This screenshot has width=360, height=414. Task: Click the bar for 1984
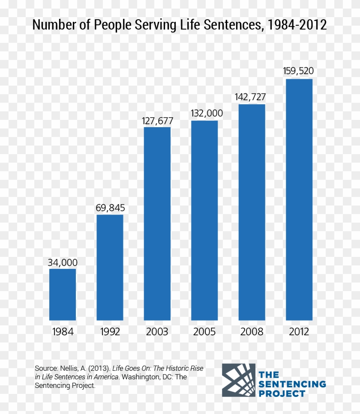pyautogui.click(x=63, y=294)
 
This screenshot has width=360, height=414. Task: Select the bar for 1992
pyautogui.click(x=110, y=267)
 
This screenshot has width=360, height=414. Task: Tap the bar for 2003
pyautogui.click(x=157, y=223)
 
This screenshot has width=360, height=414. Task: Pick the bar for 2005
pyautogui.click(x=204, y=220)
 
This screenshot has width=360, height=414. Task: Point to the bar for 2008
pyautogui.click(x=252, y=212)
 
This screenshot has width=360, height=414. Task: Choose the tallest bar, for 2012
pyautogui.click(x=299, y=199)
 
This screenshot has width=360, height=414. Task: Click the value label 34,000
pyautogui.click(x=63, y=262)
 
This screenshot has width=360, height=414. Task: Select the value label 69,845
pyautogui.click(x=110, y=208)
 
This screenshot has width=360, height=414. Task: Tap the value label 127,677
pyautogui.click(x=157, y=121)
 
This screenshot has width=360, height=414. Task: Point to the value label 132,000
pyautogui.click(x=204, y=113)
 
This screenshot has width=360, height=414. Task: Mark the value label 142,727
pyautogui.click(x=252, y=97)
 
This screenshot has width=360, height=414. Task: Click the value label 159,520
pyautogui.click(x=299, y=71)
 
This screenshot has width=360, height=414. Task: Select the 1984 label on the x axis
pyautogui.click(x=63, y=332)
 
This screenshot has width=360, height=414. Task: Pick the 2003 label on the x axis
pyautogui.click(x=157, y=332)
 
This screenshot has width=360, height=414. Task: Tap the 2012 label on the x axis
pyautogui.click(x=299, y=332)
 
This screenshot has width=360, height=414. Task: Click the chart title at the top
pyautogui.click(x=180, y=25)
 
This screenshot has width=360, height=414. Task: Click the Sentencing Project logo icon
pyautogui.click(x=238, y=380)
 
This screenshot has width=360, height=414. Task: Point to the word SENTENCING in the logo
pyautogui.click(x=292, y=384)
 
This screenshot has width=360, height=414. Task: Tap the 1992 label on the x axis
pyautogui.click(x=110, y=332)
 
